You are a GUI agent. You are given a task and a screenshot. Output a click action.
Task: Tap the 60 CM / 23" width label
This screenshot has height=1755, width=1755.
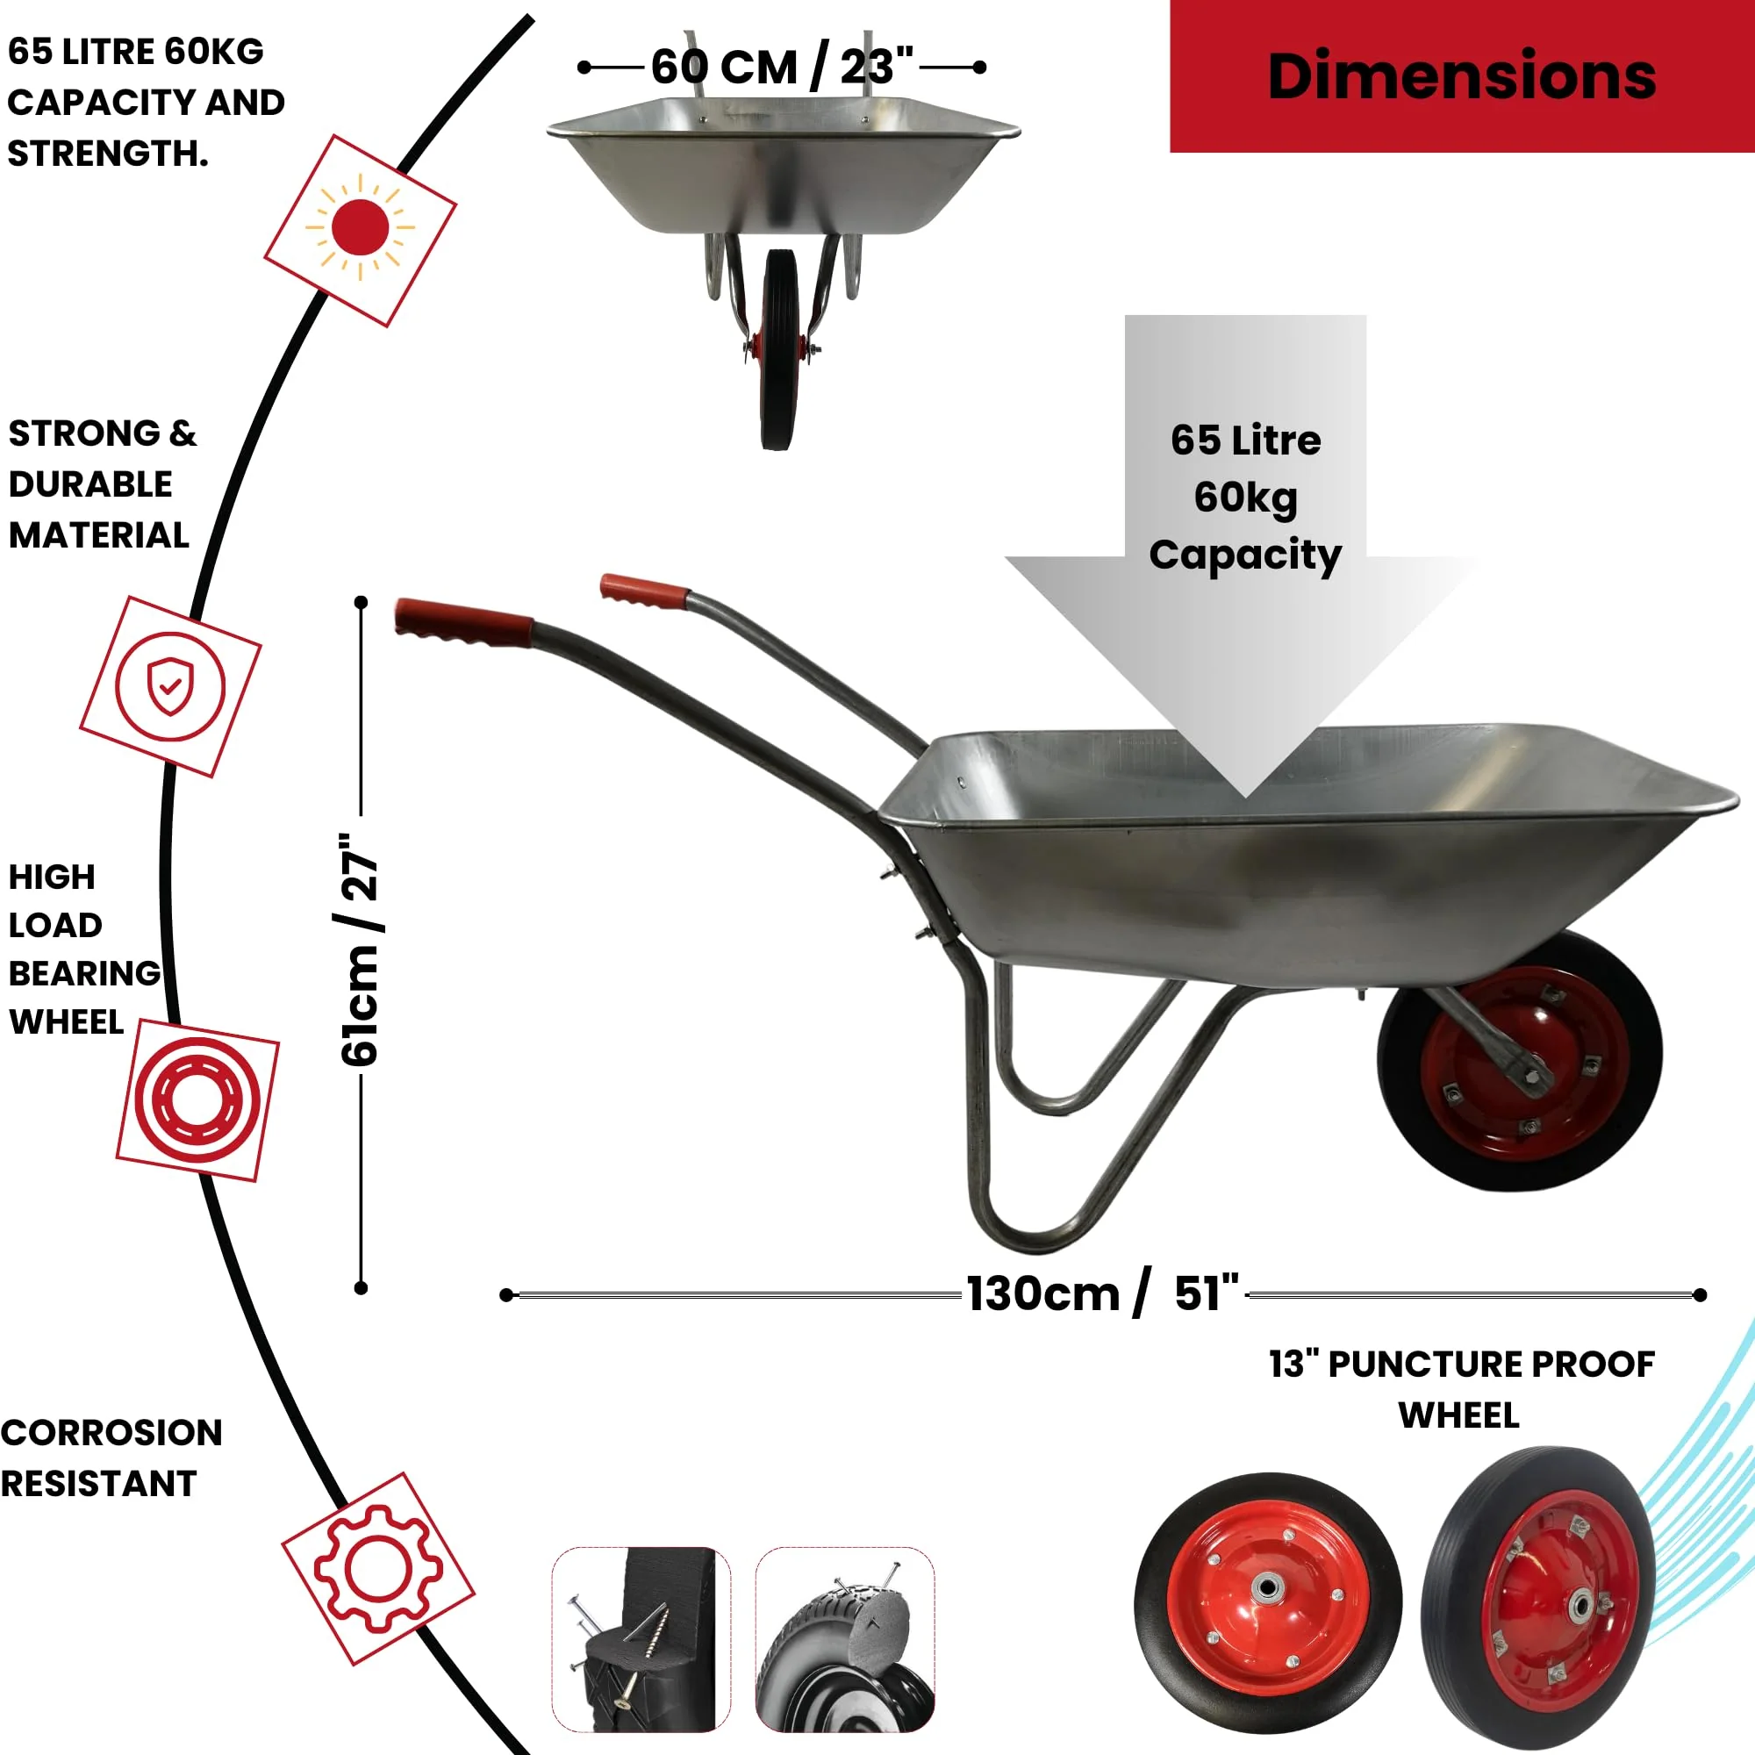pos(782,68)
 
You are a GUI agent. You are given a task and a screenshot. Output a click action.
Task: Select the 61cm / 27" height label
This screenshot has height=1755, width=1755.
pos(360,949)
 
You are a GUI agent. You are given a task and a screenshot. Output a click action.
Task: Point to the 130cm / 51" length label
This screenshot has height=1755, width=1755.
pos(1102,1293)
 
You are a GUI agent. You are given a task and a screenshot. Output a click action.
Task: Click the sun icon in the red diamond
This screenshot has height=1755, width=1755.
pos(361,227)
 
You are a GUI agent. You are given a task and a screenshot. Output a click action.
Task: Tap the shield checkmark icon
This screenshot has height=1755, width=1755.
pos(170,687)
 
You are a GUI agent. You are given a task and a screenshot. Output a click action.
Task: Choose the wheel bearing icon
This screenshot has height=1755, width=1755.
pos(198,1100)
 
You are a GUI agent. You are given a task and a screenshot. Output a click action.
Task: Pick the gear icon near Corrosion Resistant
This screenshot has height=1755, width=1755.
pos(378,1569)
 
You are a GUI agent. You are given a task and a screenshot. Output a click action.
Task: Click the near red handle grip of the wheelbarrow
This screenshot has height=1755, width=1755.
pos(463,622)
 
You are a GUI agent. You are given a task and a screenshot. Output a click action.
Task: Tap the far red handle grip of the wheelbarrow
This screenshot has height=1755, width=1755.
pos(644,591)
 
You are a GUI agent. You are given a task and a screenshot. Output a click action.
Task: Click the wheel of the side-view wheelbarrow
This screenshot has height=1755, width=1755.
pos(1520,1060)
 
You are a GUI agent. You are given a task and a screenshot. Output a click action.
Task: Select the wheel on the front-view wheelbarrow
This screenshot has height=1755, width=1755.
pos(779,350)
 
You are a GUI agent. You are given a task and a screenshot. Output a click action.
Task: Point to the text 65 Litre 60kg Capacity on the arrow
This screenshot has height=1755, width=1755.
pos(1245,497)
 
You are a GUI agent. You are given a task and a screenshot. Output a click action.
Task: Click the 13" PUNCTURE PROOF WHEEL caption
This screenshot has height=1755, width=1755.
pos(1461,1389)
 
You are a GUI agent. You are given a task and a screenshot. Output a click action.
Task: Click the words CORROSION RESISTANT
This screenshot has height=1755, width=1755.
pos(111,1458)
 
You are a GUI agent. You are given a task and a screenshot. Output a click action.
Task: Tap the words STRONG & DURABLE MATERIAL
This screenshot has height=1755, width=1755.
pos(102,484)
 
